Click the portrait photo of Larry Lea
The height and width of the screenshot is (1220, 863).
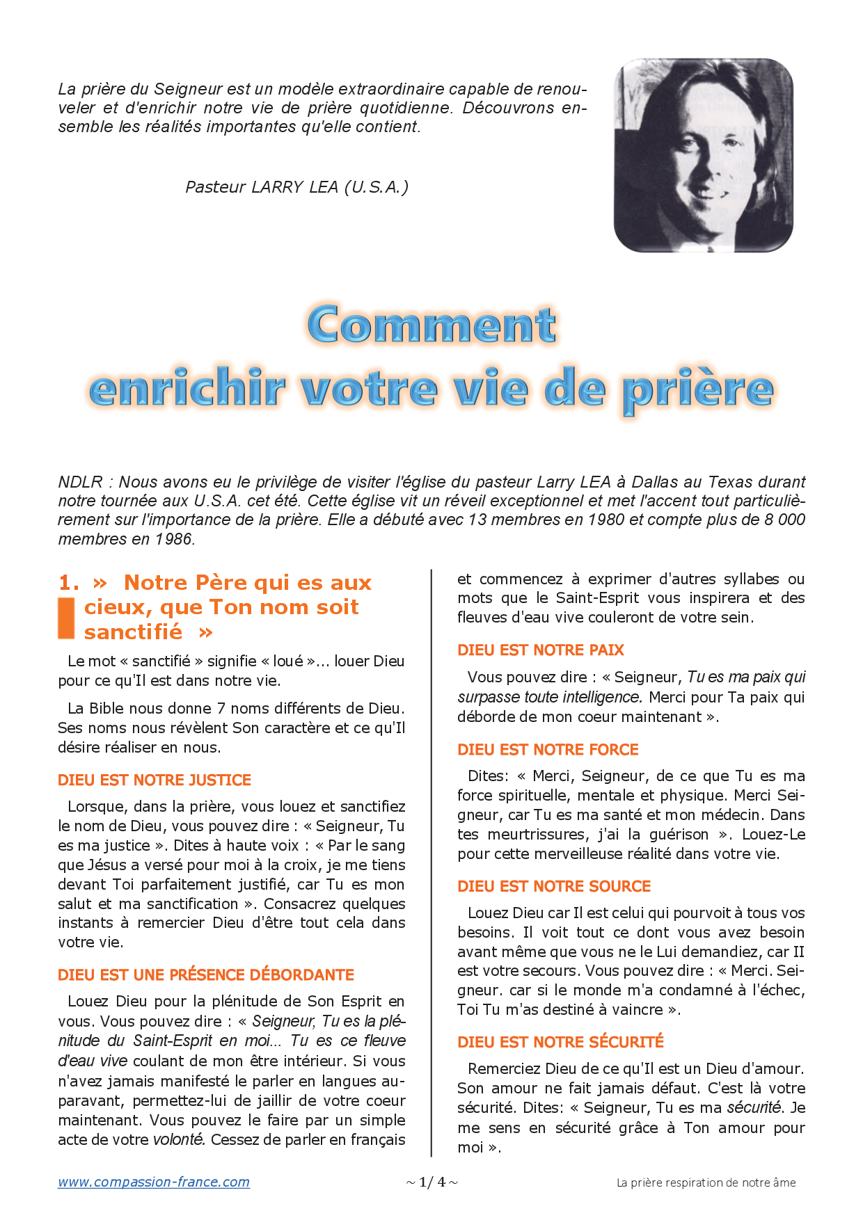click(703, 155)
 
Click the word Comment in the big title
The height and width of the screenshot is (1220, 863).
click(431, 325)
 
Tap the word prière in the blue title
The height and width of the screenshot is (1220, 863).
click(697, 390)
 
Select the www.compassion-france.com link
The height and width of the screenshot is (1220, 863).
click(154, 1182)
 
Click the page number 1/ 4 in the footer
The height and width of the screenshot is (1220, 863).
click(431, 1182)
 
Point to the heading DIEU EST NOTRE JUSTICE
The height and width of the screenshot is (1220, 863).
click(155, 780)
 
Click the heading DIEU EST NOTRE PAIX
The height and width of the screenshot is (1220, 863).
click(541, 650)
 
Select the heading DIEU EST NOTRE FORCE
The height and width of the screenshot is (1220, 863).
click(548, 749)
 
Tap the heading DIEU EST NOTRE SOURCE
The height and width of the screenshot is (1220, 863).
click(554, 886)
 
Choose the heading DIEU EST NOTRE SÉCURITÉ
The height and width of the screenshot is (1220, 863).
click(560, 1042)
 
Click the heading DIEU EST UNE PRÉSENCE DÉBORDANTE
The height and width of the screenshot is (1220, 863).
click(206, 974)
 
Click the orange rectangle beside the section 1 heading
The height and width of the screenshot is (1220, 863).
click(66, 617)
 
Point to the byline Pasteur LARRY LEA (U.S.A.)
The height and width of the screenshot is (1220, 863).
click(297, 187)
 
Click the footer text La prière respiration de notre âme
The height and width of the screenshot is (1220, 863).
click(706, 1182)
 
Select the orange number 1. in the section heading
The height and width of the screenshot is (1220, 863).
click(69, 582)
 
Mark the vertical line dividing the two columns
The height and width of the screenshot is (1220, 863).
click(431, 862)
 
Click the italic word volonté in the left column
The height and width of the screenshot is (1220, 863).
click(179, 1139)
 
